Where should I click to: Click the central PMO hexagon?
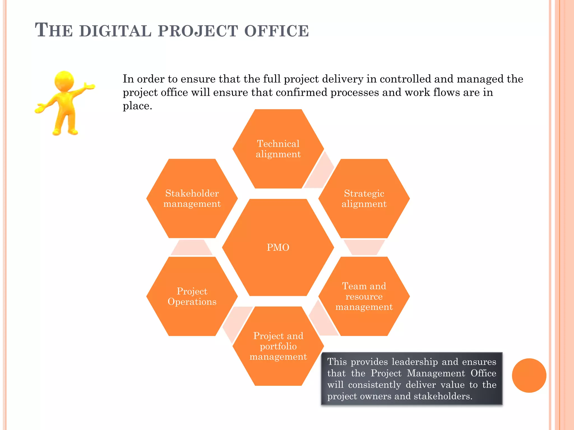278,247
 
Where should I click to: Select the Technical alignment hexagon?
278,149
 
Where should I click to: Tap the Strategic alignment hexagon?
364,198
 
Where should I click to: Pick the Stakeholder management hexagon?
192,198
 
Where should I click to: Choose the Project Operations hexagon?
192,296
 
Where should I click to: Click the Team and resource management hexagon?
364,296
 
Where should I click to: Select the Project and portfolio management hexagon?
278,346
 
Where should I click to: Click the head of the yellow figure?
64,81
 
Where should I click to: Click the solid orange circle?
529,375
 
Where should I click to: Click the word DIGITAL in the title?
115,31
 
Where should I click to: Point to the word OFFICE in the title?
276,31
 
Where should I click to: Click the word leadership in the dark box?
415,362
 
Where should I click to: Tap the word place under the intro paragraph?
137,106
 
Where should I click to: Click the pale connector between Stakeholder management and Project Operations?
192,248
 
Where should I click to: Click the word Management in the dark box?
436,373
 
